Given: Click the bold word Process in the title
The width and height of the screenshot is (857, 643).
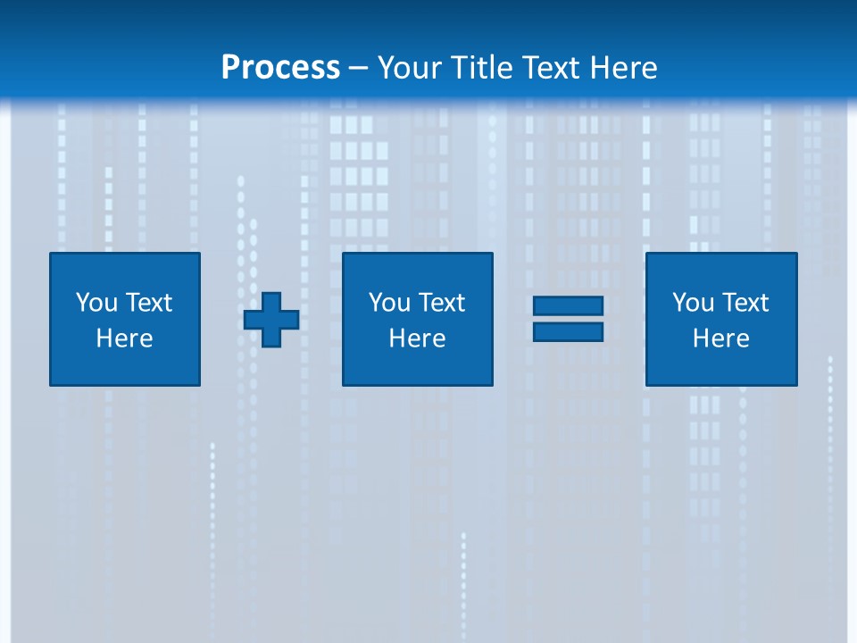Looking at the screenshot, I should click(x=280, y=68).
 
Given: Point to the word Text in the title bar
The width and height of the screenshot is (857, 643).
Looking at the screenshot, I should click(x=551, y=68).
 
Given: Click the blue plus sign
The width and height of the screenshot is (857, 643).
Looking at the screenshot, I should click(x=271, y=320).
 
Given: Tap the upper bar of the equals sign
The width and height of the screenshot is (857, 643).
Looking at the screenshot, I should click(x=568, y=306).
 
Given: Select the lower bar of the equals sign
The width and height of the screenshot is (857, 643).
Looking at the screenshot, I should click(x=568, y=331).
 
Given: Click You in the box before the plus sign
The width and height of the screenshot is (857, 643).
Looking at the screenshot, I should click(x=97, y=303).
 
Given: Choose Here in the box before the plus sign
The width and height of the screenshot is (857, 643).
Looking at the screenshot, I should click(x=125, y=338).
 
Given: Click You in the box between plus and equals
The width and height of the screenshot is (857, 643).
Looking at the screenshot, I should click(x=390, y=303).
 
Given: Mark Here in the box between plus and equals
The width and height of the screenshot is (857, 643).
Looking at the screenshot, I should click(x=418, y=338).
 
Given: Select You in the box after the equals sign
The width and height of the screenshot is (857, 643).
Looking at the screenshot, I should click(x=694, y=303).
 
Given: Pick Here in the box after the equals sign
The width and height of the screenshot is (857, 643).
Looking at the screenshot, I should click(x=721, y=338).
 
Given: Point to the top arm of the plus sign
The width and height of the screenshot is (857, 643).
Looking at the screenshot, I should click(x=271, y=301).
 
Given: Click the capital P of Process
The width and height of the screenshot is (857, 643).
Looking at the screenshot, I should click(x=230, y=68).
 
